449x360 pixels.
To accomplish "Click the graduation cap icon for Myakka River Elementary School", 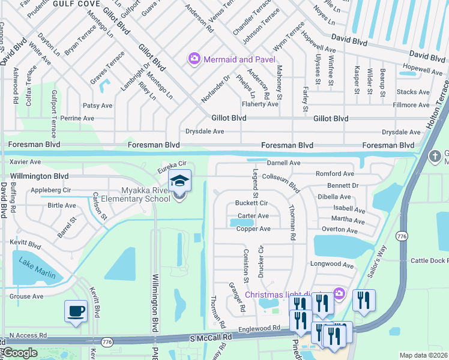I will click(x=179, y=180).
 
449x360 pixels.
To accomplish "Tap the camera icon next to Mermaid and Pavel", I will click(x=194, y=59).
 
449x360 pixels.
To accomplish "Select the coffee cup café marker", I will click(x=75, y=311).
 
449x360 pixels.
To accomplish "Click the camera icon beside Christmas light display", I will click(x=339, y=293).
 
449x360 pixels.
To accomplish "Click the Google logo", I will click(x=19, y=353).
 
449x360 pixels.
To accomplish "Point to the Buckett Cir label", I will click(x=251, y=203).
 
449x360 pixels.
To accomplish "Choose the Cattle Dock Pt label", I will click(x=429, y=260).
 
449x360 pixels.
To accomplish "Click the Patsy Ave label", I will click(x=97, y=106).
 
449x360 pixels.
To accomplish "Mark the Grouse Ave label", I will click(x=26, y=296).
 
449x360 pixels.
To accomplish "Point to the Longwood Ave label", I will click(x=331, y=264).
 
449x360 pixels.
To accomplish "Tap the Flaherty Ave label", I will click(x=260, y=104).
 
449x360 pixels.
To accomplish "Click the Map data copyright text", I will click(x=424, y=355).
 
